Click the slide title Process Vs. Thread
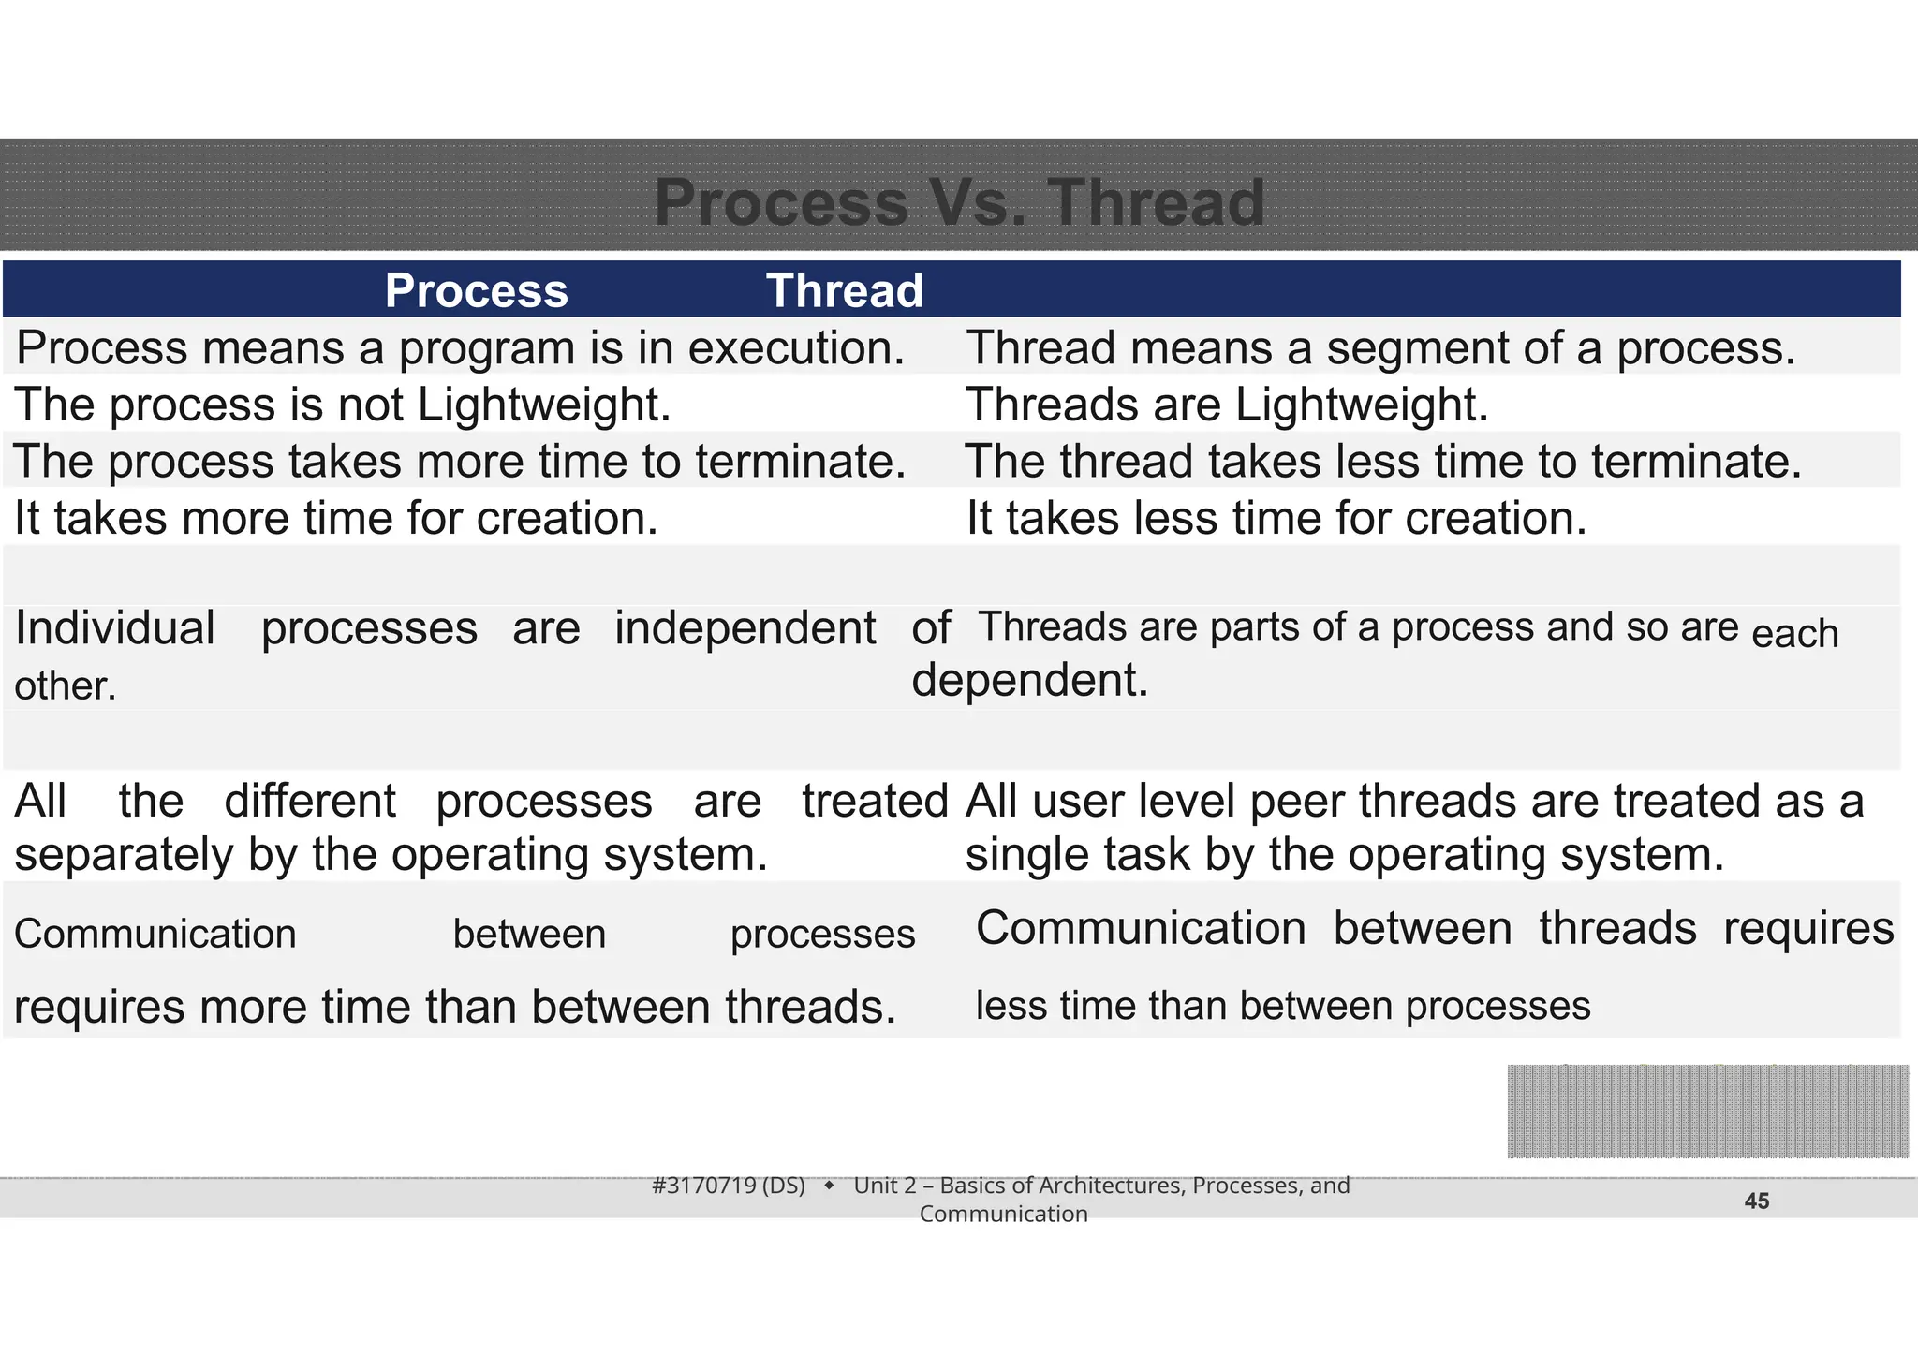click(x=959, y=202)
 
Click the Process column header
click(x=476, y=290)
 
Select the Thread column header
click(x=845, y=290)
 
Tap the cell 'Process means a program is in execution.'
click(x=460, y=348)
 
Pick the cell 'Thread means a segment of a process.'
click(x=1380, y=348)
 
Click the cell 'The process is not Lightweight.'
click(x=343, y=405)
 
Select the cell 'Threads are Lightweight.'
click(x=1227, y=405)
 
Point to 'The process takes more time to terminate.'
click(x=460, y=462)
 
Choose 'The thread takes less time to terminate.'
click(x=1383, y=462)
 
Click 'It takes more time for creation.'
click(x=336, y=519)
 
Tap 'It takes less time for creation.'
click(x=1276, y=519)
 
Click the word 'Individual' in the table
click(x=115, y=628)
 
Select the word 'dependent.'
click(x=1030, y=680)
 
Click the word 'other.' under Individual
click(x=66, y=686)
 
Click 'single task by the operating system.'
click(x=1345, y=855)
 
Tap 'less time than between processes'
click(x=1283, y=1007)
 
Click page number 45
click(x=1757, y=1201)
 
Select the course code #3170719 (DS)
click(x=729, y=1186)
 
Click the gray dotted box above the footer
click(x=1707, y=1112)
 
